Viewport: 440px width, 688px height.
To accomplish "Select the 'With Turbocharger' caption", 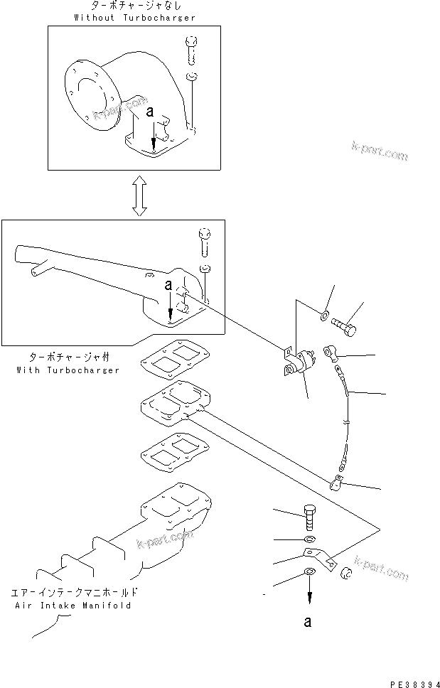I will pyautogui.click(x=68, y=370).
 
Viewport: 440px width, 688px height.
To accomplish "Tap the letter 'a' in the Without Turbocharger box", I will pyautogui.click(x=150, y=112).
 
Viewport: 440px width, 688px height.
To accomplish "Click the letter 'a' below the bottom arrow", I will pyautogui.click(x=307, y=622).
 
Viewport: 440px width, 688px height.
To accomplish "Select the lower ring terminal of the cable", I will pyautogui.click(x=336, y=484).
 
